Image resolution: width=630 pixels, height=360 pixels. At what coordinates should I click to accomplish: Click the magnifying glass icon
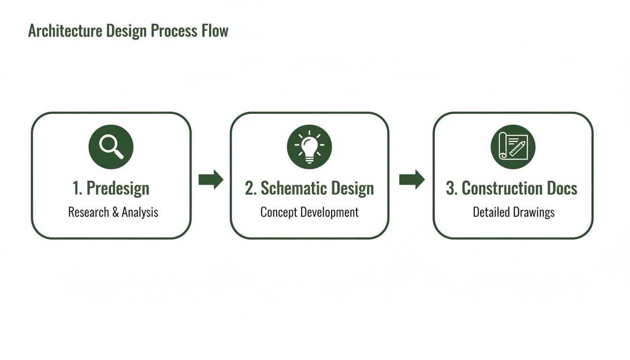click(111, 147)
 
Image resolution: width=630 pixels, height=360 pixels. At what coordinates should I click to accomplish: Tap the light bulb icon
click(309, 147)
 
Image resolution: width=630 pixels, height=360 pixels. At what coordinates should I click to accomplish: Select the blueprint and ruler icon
click(513, 147)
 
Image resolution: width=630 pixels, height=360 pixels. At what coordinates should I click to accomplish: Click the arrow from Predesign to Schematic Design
click(211, 180)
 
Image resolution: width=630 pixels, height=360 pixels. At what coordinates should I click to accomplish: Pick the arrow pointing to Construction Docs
click(412, 180)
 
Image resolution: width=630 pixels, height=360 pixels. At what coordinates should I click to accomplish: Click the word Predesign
click(118, 188)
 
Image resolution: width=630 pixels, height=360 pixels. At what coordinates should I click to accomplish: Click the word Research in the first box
click(89, 212)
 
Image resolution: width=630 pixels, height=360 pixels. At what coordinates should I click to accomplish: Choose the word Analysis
click(140, 212)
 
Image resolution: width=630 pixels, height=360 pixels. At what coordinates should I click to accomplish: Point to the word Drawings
click(533, 212)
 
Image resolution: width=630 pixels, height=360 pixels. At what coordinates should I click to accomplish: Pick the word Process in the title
click(172, 31)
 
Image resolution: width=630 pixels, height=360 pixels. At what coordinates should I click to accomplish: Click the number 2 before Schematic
click(249, 188)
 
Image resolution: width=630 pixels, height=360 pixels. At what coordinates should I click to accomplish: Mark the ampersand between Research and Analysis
click(116, 212)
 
